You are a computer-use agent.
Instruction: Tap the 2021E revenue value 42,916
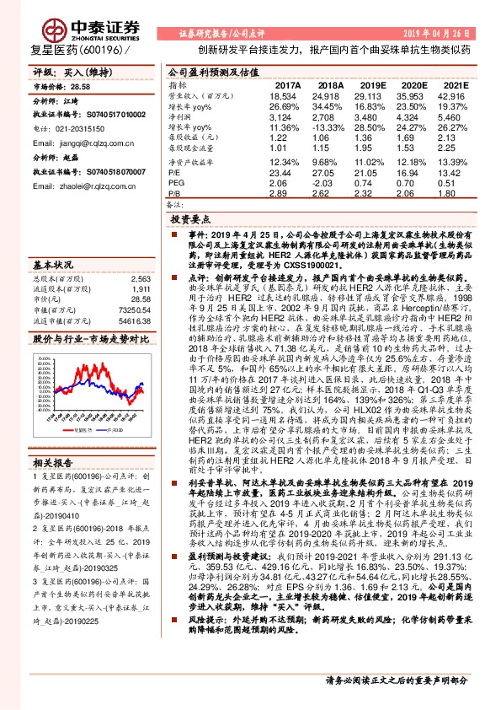453,97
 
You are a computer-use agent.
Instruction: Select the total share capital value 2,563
140,278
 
